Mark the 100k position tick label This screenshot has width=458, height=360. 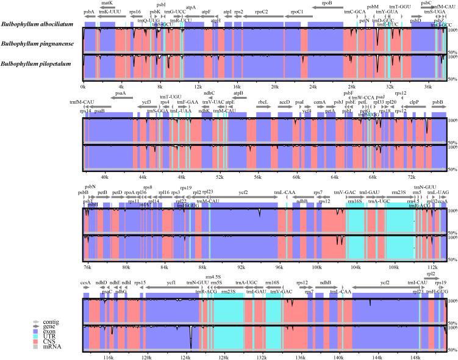316,266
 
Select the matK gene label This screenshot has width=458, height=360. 107,3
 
